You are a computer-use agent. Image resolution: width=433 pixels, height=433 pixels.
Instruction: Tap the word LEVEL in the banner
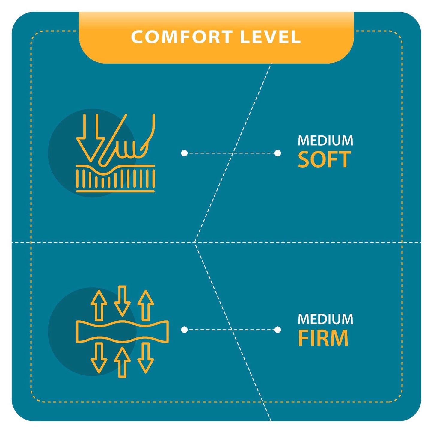[x=271, y=37]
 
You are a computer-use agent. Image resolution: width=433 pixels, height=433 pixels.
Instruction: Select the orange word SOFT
[x=324, y=159]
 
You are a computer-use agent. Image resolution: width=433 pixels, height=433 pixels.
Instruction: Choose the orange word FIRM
[x=323, y=338]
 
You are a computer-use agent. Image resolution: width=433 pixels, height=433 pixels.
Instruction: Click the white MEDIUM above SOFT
[x=325, y=141]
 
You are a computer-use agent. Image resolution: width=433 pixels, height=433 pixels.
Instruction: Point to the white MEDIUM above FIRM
[x=325, y=319]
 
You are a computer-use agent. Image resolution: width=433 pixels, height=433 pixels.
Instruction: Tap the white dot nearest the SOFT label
[x=278, y=153]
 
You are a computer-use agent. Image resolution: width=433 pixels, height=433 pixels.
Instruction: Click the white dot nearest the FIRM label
[x=278, y=330]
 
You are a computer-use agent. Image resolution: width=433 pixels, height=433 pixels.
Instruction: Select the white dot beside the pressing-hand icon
[x=184, y=153]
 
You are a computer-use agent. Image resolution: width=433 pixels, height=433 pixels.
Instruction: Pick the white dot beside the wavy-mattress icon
[x=184, y=330]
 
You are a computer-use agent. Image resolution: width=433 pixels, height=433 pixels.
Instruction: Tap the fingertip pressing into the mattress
[x=102, y=163]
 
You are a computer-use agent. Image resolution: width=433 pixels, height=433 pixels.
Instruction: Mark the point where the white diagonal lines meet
[x=195, y=242]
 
